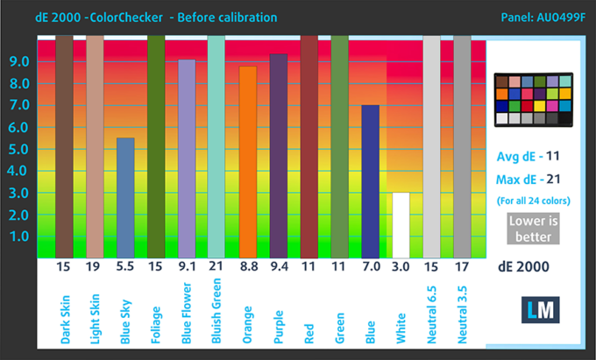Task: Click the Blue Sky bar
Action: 125,197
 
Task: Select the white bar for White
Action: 401,224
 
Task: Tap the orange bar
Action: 247,162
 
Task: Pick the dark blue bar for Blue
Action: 370,180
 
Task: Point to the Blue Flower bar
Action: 187,158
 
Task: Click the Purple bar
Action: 278,155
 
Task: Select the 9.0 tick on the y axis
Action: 20,61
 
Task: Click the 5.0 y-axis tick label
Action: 20,149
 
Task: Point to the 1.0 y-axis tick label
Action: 20,236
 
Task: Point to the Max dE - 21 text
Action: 531,180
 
